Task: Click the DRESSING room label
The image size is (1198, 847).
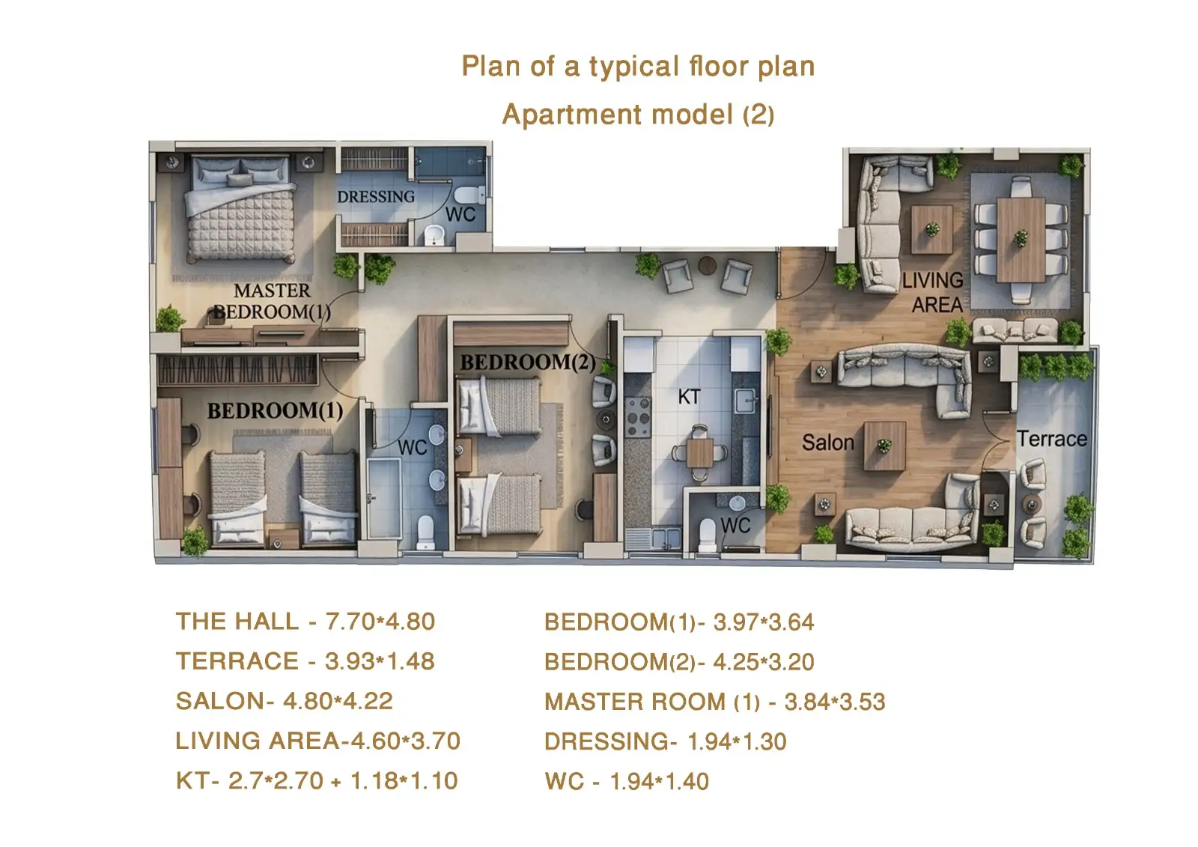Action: pos(375,197)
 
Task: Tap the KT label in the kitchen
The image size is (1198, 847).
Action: pos(689,397)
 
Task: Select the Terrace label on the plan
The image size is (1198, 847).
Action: pos(1051,440)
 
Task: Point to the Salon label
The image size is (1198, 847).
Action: pos(828,443)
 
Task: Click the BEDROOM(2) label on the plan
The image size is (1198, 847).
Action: pos(528,362)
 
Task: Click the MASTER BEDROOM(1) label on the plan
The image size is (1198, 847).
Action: pos(272,301)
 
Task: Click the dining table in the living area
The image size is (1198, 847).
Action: pos(1021,240)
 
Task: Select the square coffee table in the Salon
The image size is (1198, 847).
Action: pos(884,446)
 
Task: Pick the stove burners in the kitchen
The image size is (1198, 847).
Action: pos(638,417)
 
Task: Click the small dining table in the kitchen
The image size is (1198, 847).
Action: pos(700,452)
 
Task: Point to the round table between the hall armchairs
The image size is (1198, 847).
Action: pos(707,265)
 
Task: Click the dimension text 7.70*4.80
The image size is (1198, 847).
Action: pos(380,622)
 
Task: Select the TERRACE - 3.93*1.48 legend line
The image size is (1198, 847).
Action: pos(305,661)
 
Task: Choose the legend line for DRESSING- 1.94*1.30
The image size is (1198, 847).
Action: pos(666,741)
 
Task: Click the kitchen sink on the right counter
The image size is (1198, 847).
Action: pos(745,401)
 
